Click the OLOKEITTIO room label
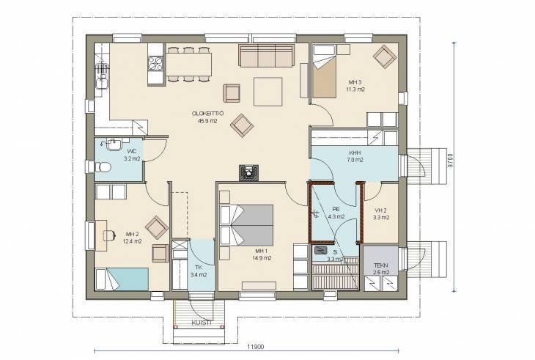[x=207, y=114]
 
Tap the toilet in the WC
[x=103, y=167]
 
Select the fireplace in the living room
[x=248, y=172]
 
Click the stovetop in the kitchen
[x=155, y=63]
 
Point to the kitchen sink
[x=102, y=77]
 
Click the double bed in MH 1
[x=247, y=225]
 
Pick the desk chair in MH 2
[x=109, y=235]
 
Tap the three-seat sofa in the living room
[x=266, y=56]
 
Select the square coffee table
[x=267, y=92]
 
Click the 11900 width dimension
[x=256, y=347]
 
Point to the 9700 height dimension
[x=450, y=160]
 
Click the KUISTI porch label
[x=202, y=323]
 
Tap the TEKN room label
[x=381, y=265]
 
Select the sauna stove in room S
[x=320, y=251]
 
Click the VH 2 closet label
[x=381, y=210]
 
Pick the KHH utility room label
[x=355, y=153]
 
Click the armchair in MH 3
[x=385, y=57]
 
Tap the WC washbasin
[x=114, y=144]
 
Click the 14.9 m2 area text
[x=262, y=258]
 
